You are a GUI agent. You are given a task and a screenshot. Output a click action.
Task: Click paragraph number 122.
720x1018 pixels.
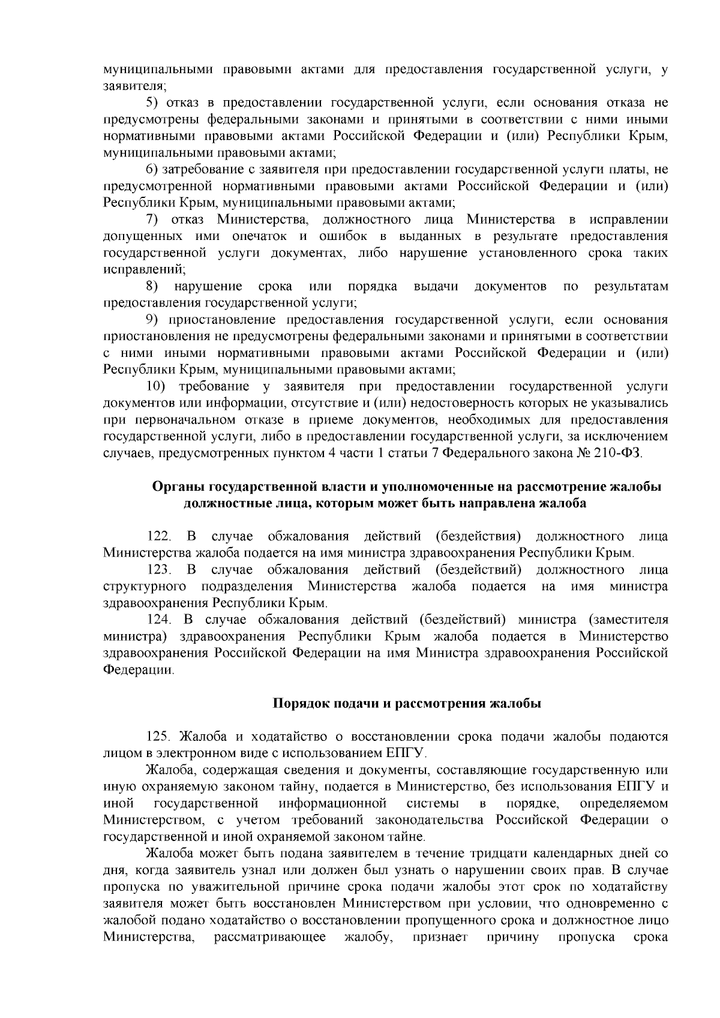pyautogui.click(x=160, y=536)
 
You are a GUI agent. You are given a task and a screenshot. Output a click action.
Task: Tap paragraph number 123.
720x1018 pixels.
pyautogui.click(x=160, y=569)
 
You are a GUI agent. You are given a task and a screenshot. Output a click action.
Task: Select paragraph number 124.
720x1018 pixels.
pyautogui.click(x=160, y=620)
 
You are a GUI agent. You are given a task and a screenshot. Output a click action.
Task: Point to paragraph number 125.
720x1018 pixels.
pyautogui.click(x=160, y=736)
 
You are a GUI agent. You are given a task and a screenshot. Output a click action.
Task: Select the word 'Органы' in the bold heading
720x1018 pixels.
pyautogui.click(x=173, y=487)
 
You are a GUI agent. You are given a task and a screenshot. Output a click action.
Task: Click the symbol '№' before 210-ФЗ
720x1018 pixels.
pyautogui.click(x=582, y=454)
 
